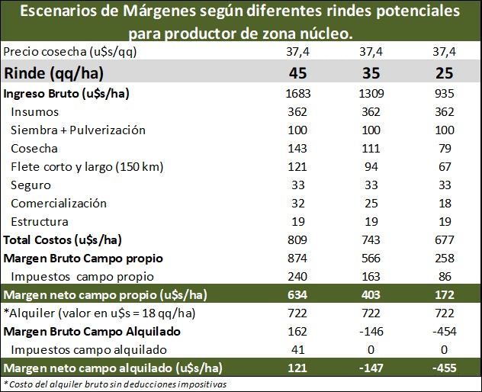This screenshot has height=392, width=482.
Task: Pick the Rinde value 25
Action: point(444,74)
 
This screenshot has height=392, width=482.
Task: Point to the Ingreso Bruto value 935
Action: point(444,94)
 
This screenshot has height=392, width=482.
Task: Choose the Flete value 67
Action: point(444,167)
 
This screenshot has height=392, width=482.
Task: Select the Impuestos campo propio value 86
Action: point(444,276)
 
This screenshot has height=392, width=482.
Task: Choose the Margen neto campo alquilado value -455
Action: point(444,368)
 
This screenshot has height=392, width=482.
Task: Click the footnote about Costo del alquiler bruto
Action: point(114,384)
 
